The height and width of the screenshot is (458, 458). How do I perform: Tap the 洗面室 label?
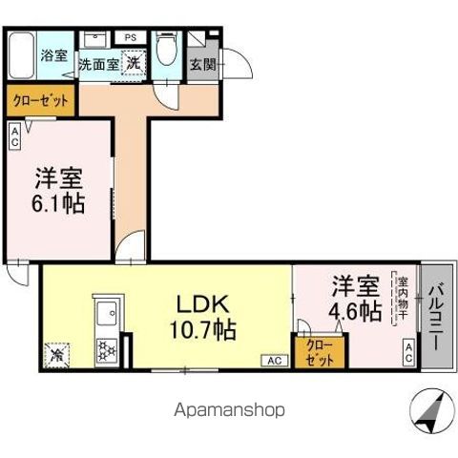pyautogui.click(x=97, y=65)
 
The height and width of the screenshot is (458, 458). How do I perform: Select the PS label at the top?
pyautogui.click(x=130, y=37)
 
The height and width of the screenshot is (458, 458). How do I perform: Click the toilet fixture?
pyautogui.click(x=166, y=48)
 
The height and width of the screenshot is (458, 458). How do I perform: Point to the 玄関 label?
pyautogui.click(x=202, y=65)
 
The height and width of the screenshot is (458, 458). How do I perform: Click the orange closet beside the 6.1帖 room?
pyautogui.click(x=41, y=99)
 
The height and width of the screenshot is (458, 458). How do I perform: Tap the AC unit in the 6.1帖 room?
pyautogui.click(x=15, y=135)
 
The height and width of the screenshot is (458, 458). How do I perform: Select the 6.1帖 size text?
pyautogui.click(x=60, y=204)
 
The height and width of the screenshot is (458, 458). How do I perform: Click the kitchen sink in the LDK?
pyautogui.click(x=106, y=313)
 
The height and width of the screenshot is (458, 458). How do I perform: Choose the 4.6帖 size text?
pyautogui.click(x=357, y=311)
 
